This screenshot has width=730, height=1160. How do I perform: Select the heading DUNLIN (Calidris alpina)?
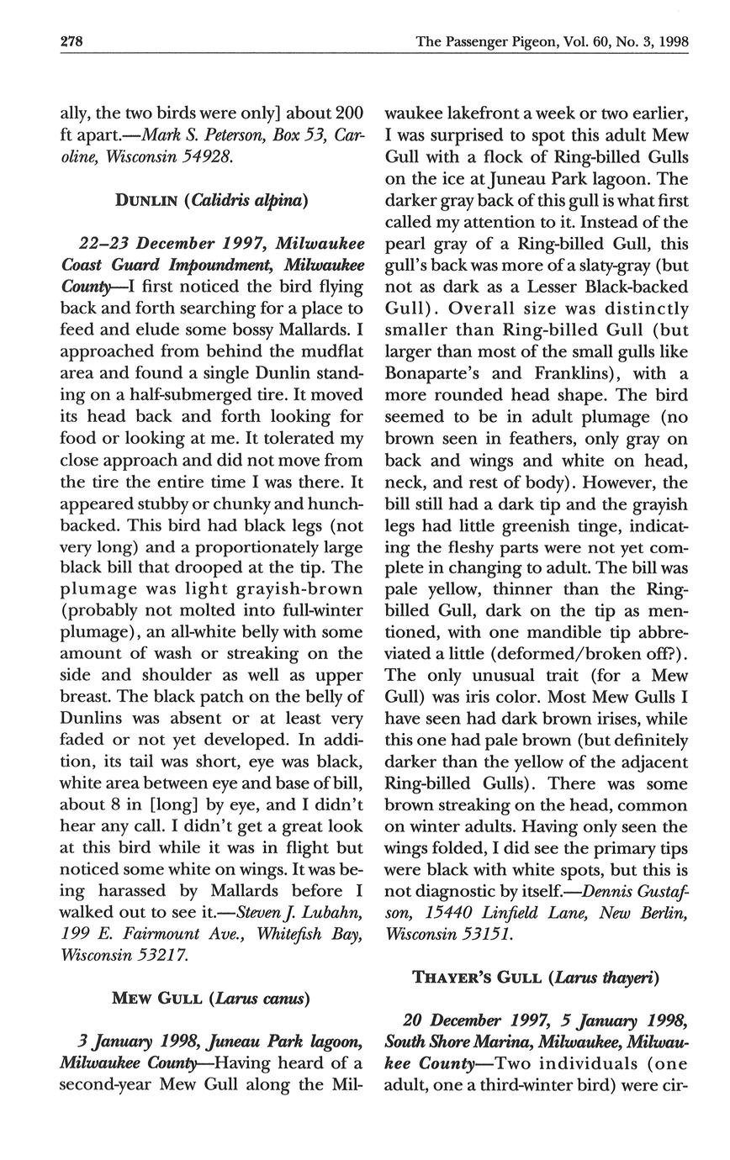click(x=211, y=200)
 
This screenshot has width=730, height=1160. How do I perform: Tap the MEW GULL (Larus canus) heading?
click(x=210, y=999)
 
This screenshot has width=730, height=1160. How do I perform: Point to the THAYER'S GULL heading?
click(x=535, y=977)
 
